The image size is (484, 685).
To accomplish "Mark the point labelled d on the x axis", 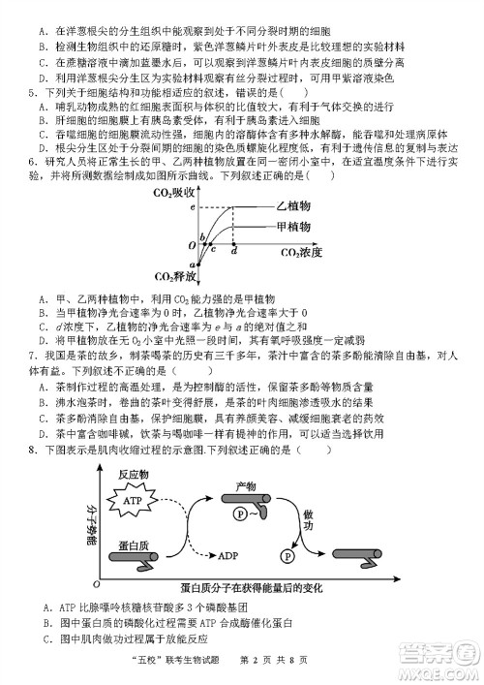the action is (x=235, y=251).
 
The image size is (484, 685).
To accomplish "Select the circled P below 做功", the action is (x=287, y=555).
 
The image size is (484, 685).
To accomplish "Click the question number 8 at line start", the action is (x=32, y=450).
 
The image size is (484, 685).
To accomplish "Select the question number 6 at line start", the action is (x=32, y=161).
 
